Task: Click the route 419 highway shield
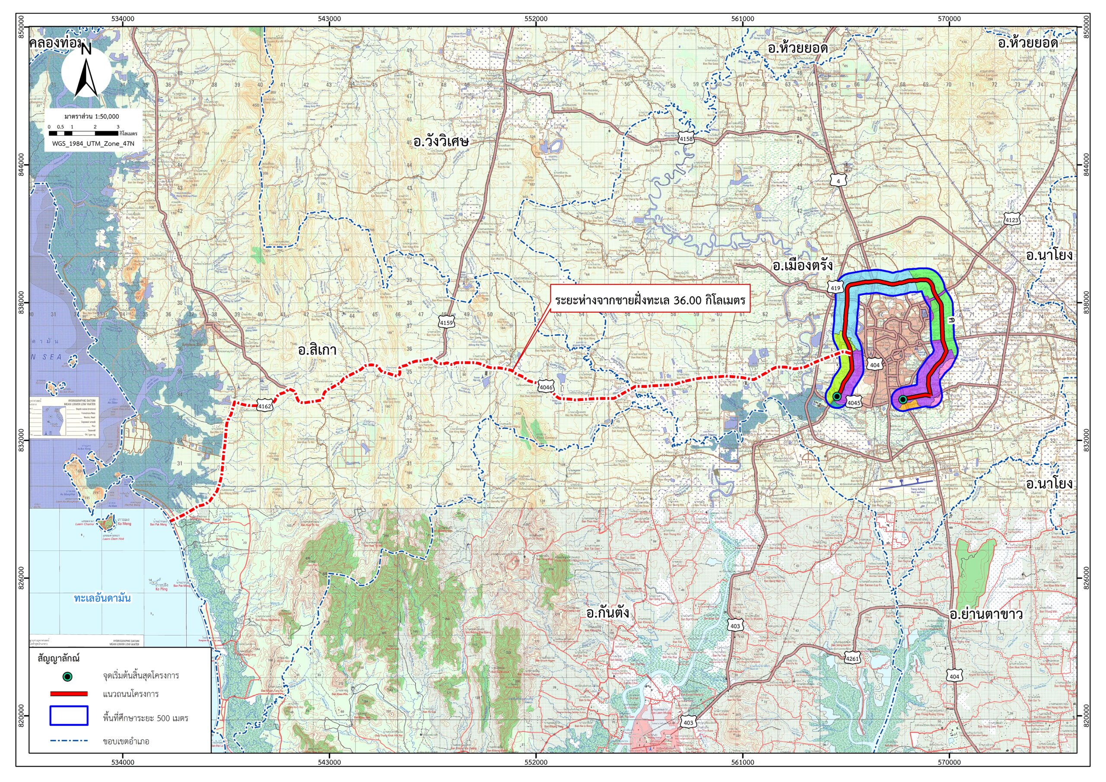(835, 288)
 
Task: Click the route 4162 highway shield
(265, 406)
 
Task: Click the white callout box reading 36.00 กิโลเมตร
(650, 301)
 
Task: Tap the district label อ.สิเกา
(317, 350)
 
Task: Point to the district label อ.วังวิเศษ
(441, 142)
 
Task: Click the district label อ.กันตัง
(607, 614)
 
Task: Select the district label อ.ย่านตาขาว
(985, 615)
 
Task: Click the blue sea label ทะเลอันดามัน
(102, 598)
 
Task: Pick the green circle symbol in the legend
(68, 677)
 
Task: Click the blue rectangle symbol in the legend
(68, 715)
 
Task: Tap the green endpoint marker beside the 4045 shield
(837, 396)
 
